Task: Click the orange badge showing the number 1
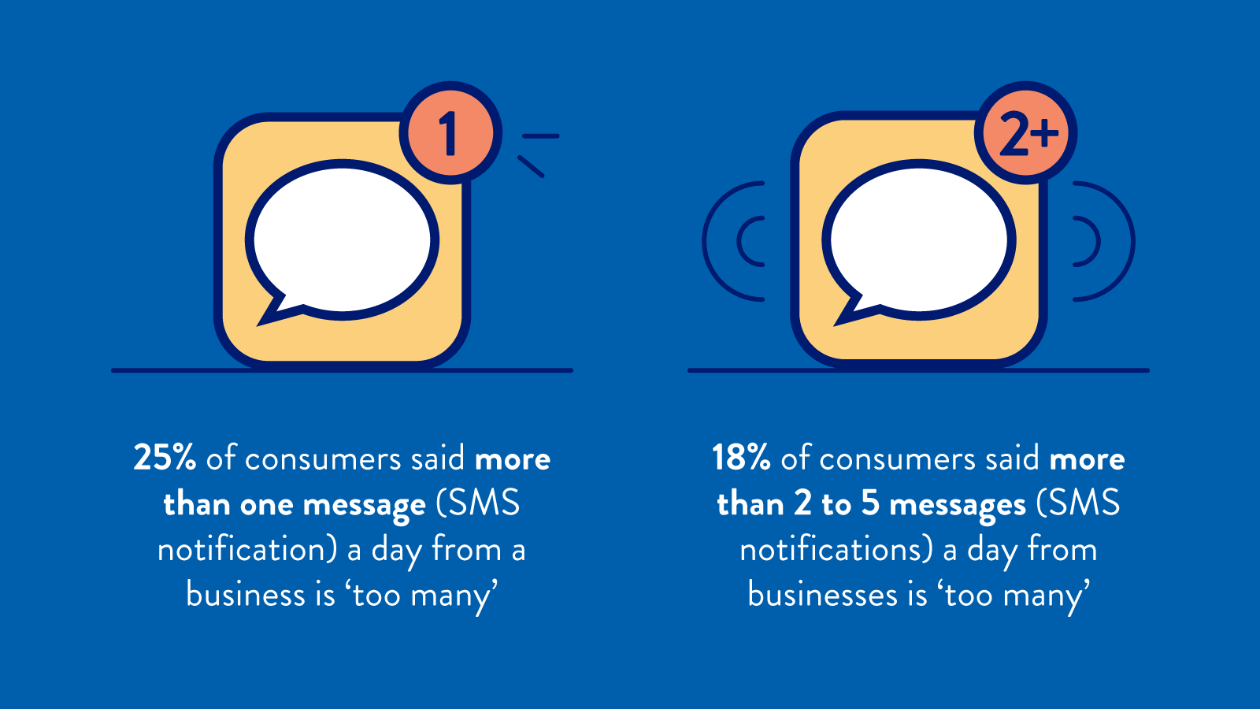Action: click(x=450, y=133)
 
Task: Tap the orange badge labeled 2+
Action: click(x=1026, y=133)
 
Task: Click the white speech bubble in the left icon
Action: click(x=342, y=241)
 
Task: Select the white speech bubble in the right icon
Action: click(x=918, y=241)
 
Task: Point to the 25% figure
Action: click(x=165, y=458)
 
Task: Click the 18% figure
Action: click(x=741, y=458)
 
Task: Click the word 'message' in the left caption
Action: click(x=365, y=505)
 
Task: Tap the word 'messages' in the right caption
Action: click(x=958, y=505)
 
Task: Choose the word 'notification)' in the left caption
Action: click(x=247, y=549)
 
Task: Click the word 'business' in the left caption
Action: click(x=245, y=594)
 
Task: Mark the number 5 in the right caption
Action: click(x=869, y=503)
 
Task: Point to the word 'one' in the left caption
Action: click(x=267, y=506)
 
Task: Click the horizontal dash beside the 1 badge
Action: click(x=540, y=136)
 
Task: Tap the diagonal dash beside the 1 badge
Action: click(x=531, y=166)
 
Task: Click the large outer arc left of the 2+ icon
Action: click(x=705, y=241)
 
